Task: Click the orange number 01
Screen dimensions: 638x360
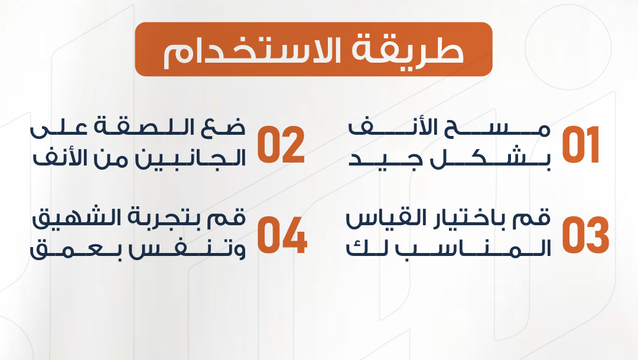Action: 581,145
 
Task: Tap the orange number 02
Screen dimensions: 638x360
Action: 281,145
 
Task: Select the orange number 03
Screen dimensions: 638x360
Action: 585,235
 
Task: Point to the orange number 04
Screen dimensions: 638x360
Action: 282,235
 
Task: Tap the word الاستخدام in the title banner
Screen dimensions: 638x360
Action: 252,51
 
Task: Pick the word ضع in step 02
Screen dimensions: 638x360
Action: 223,128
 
